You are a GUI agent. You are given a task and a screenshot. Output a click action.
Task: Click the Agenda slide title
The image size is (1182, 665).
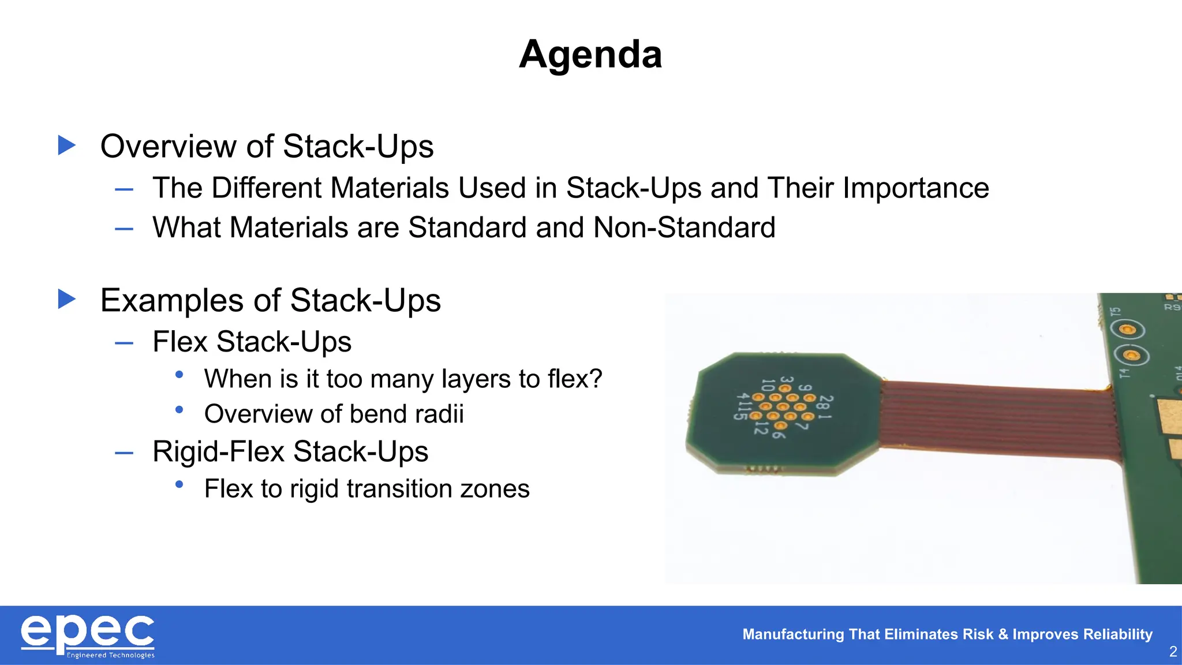pyautogui.click(x=590, y=54)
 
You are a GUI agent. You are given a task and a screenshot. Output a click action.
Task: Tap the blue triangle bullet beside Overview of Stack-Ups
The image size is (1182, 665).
pyautogui.click(x=67, y=145)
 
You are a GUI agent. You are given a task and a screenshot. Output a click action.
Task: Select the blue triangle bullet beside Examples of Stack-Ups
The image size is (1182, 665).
pyautogui.click(x=67, y=299)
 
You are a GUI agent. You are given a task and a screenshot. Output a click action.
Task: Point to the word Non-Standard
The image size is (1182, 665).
pyautogui.click(x=684, y=227)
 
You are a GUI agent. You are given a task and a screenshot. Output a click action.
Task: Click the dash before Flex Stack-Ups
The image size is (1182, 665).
pyautogui.click(x=124, y=343)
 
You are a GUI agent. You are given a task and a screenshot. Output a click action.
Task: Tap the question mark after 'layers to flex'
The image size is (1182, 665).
pyautogui.click(x=595, y=379)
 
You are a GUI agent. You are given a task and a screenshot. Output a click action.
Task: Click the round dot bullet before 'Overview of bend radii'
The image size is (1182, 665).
pyautogui.click(x=179, y=410)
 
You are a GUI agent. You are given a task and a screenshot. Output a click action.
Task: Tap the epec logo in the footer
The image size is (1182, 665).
pyautogui.click(x=88, y=633)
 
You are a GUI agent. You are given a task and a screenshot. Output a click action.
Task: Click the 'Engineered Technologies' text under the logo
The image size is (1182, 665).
pyautogui.click(x=111, y=655)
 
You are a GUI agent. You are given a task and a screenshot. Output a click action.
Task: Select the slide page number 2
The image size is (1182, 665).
pyautogui.click(x=1172, y=652)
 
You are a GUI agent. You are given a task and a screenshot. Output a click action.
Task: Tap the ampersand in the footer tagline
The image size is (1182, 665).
pyautogui.click(x=1003, y=634)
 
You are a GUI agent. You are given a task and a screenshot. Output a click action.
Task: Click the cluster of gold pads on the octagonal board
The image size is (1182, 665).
pyautogui.click(x=783, y=407)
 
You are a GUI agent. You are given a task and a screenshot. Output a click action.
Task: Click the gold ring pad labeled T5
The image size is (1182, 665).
pyautogui.click(x=1127, y=330)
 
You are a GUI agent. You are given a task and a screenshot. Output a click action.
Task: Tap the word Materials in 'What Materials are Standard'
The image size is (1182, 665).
pyautogui.click(x=290, y=227)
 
